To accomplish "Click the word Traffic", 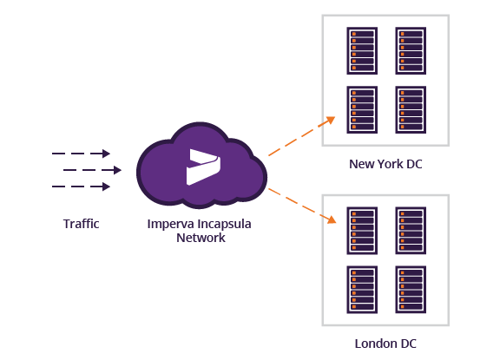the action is tap(81, 224).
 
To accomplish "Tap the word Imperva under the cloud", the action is tap(171, 225).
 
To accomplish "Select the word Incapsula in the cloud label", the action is tap(224, 225).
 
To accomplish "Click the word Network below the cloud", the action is tap(201, 238).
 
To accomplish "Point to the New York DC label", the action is tap(385, 164).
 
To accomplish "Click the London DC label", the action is tap(385, 344).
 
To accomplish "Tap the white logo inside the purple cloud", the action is tap(203, 167).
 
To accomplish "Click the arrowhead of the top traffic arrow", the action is tap(106, 154).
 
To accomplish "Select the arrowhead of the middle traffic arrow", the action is tap(118, 170).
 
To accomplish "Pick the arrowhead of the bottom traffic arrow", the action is tap(106, 187).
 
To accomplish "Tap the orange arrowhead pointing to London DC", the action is tap(332, 219).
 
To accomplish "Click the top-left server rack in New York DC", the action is tap(362, 51).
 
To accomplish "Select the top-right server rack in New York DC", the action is tap(411, 51).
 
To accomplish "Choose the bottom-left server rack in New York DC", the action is tap(362, 109).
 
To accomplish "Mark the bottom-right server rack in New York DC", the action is tap(411, 109).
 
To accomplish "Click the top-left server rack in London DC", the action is tap(362, 231).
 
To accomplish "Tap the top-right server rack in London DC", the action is tap(411, 231).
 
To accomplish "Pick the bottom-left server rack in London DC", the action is tap(362, 290).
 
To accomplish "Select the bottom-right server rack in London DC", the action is tap(411, 290).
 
